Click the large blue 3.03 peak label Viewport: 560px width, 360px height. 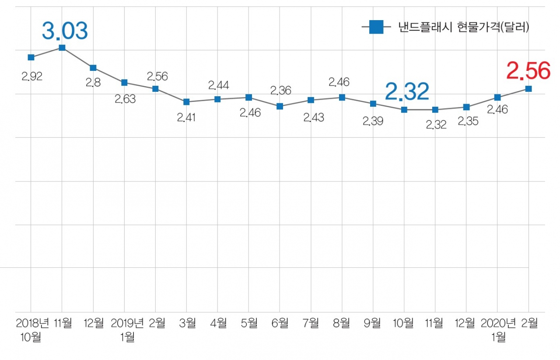(65, 31)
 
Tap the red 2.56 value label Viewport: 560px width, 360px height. (528, 71)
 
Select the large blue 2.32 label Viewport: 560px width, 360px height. (407, 92)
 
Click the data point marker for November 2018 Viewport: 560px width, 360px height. (62, 48)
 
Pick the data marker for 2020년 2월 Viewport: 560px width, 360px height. (528, 89)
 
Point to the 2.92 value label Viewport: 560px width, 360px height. (31, 77)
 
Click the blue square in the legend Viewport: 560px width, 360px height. (376, 28)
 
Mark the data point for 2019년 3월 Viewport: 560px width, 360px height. (186, 102)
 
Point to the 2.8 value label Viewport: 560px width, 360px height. (93, 83)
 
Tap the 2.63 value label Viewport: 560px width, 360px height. (125, 99)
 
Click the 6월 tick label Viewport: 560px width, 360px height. (280, 323)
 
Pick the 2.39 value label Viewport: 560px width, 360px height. (373, 121)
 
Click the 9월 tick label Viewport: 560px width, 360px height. (373, 323)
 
